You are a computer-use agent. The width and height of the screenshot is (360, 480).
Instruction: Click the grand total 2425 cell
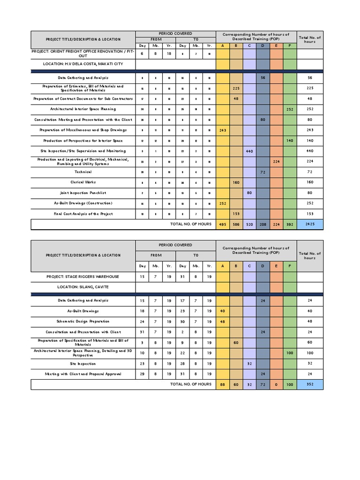tap(310, 225)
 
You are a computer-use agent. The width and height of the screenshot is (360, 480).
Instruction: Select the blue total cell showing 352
tap(310, 384)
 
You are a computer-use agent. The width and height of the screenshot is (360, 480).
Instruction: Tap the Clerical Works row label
tap(83, 182)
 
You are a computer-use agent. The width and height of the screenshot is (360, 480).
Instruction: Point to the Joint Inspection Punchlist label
tap(83, 193)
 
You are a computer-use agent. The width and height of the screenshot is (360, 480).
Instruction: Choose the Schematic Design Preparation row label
tap(83, 322)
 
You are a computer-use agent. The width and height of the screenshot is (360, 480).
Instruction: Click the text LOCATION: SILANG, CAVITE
tap(83, 287)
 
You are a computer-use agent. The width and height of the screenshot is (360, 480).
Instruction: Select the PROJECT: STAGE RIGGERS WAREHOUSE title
tap(83, 277)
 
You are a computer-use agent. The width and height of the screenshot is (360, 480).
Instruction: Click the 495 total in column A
tap(222, 225)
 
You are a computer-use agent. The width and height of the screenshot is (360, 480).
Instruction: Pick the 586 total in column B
tap(236, 225)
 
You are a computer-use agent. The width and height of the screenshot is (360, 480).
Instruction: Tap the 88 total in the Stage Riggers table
tap(222, 384)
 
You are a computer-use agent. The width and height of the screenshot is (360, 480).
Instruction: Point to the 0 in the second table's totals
tap(277, 384)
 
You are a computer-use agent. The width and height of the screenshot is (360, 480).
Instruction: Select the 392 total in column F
tap(290, 225)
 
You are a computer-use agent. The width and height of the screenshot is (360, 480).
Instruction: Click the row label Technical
tap(83, 172)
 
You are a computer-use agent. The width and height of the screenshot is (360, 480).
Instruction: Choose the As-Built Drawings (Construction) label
tap(83, 203)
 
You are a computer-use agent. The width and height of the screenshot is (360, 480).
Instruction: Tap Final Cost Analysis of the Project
tap(83, 214)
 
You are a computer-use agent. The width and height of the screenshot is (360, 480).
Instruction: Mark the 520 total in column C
tap(249, 225)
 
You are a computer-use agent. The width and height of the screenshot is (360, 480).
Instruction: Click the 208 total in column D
tap(263, 225)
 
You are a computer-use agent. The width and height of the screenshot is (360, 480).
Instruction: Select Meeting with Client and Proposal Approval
tap(83, 374)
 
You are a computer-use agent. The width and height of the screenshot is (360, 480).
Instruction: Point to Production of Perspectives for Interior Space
tap(83, 141)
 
